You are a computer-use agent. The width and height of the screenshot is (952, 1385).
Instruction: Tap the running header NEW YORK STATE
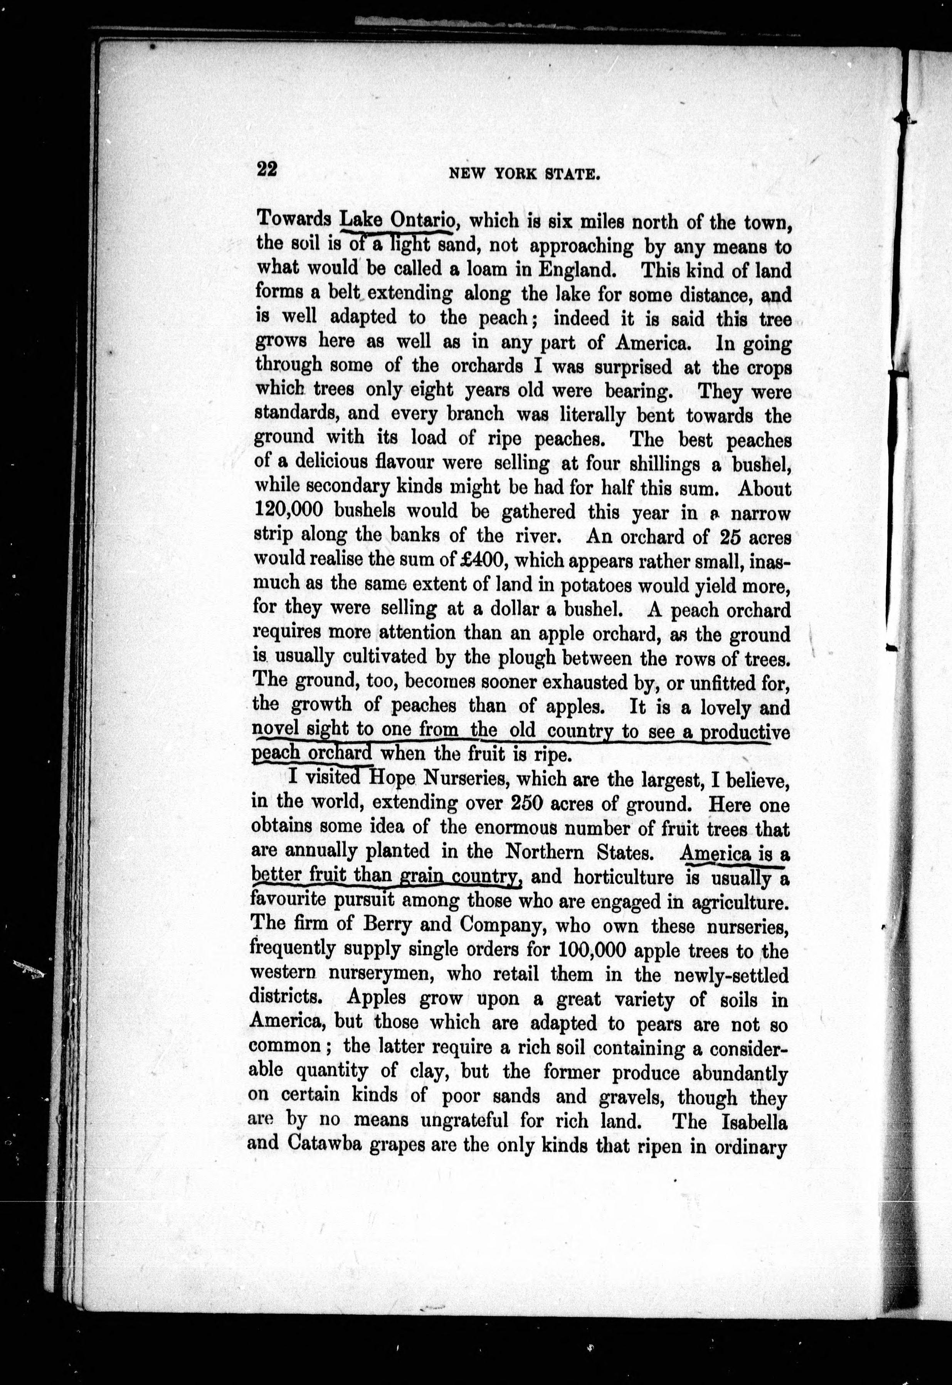[524, 174]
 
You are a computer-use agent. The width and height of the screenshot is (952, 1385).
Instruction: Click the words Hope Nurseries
[431, 779]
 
